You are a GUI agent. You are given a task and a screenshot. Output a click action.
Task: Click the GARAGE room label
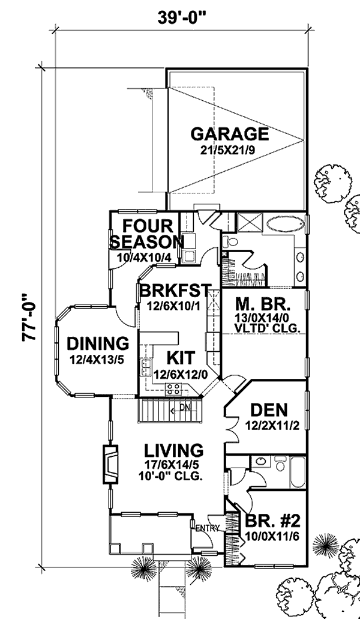(x=229, y=134)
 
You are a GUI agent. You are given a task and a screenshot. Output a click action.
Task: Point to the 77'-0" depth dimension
(x=29, y=316)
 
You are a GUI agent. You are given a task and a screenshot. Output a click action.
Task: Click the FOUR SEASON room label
(x=146, y=234)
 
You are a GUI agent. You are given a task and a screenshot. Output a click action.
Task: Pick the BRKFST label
(x=174, y=291)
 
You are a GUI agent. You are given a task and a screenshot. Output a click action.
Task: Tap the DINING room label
(x=98, y=343)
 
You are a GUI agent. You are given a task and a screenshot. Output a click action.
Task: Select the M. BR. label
(x=263, y=304)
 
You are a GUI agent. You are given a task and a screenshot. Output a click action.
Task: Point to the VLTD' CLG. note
(x=263, y=327)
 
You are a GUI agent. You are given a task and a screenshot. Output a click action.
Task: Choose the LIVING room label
(x=173, y=450)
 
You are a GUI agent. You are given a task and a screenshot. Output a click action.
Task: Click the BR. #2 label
(x=273, y=522)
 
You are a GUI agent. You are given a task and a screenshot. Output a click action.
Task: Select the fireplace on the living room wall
(x=110, y=465)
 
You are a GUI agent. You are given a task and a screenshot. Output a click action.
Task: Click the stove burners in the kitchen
(x=173, y=389)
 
